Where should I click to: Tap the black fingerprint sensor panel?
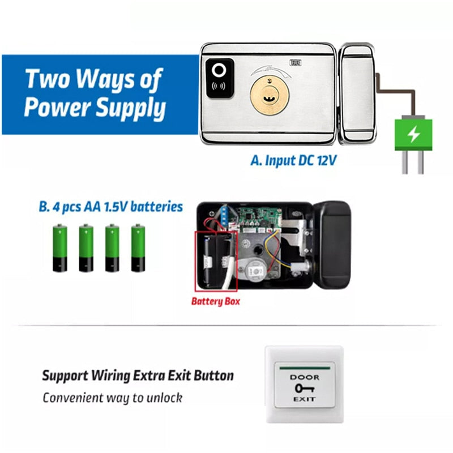tap(220, 78)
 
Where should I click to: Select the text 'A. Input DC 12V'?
tap(293, 161)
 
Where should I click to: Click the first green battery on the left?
tap(60, 248)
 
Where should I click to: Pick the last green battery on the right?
tap(138, 248)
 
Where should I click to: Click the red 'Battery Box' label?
tap(216, 301)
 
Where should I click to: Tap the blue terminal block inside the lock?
tap(224, 216)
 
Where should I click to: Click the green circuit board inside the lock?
tap(258, 217)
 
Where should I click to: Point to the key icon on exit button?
tap(305, 388)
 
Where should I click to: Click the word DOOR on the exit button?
tap(305, 377)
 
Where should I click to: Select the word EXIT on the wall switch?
tap(305, 399)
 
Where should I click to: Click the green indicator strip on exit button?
tap(305, 369)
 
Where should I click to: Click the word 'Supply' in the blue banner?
tap(131, 108)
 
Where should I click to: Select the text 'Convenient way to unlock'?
tap(112, 398)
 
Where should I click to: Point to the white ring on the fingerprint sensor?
tap(219, 70)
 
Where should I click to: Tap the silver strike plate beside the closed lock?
tap(358, 93)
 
